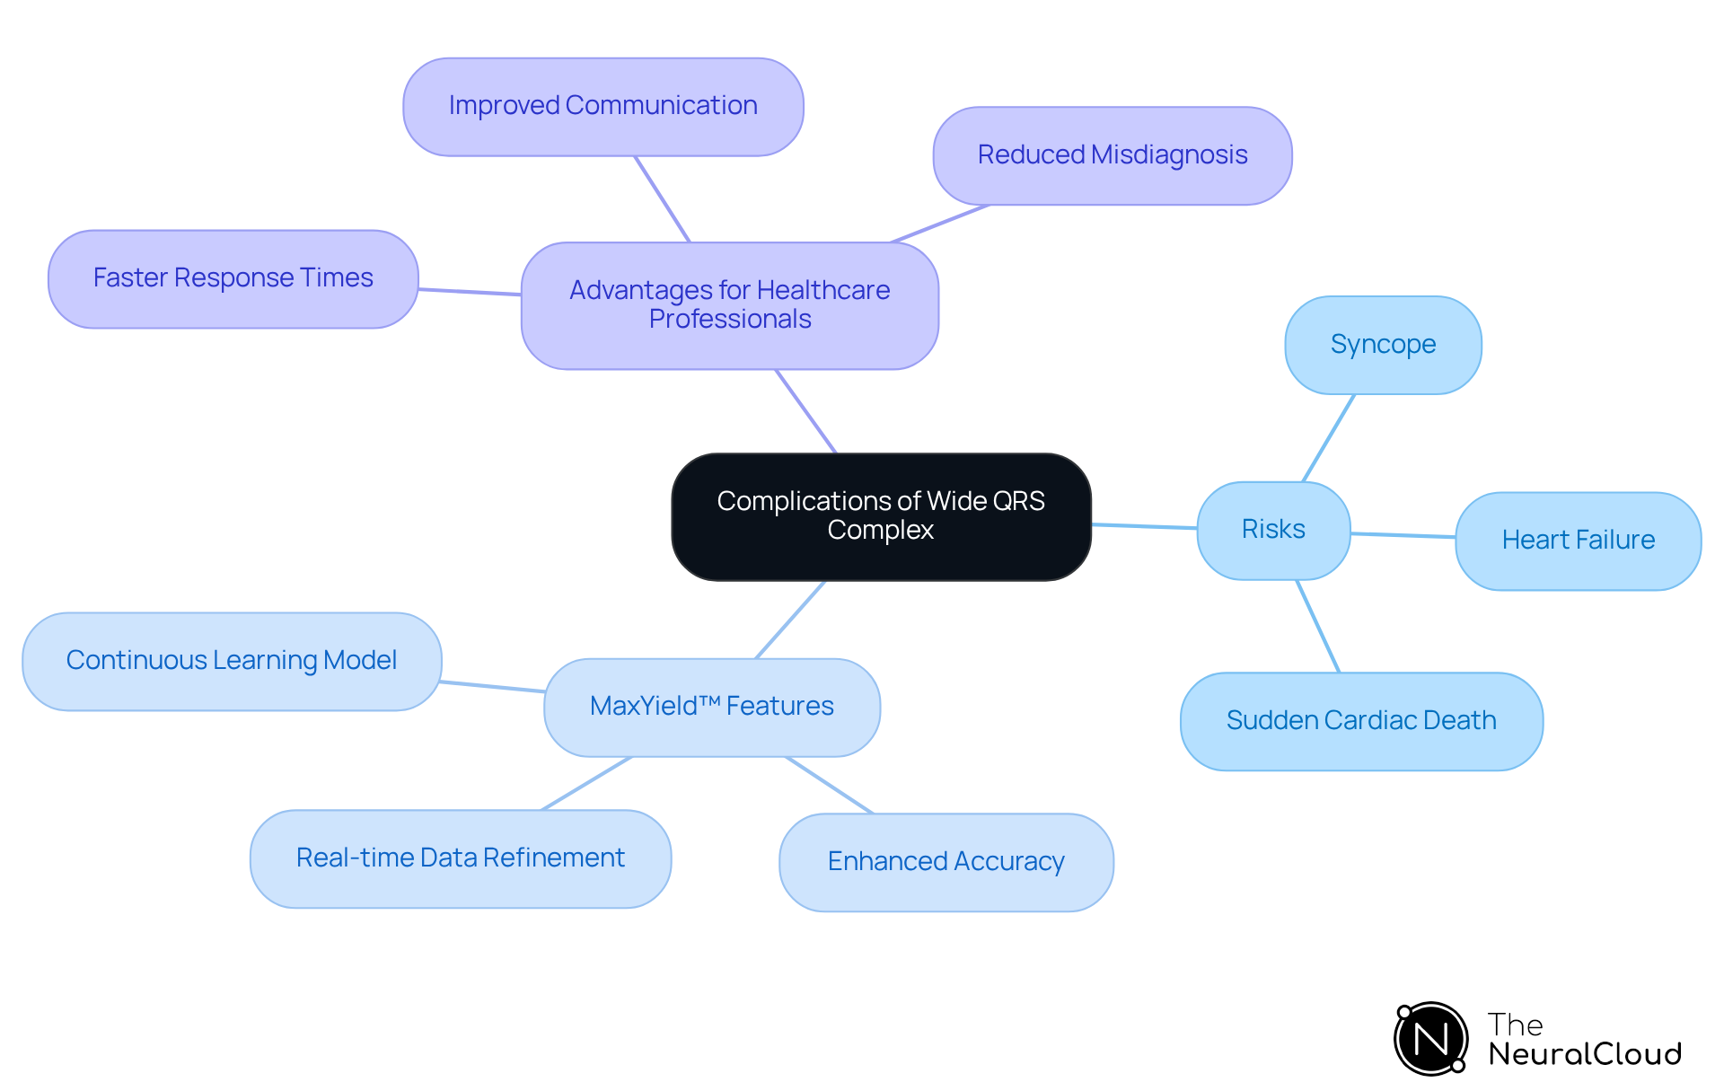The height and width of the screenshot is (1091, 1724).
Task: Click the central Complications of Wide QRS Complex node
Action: coord(881,516)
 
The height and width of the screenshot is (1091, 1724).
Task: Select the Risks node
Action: coord(1273,530)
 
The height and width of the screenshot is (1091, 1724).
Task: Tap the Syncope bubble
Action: coord(1383,345)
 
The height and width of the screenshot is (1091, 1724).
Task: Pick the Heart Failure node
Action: coord(1578,541)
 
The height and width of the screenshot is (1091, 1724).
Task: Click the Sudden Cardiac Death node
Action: coord(1361,721)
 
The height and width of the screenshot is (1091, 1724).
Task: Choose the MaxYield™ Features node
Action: coord(711,707)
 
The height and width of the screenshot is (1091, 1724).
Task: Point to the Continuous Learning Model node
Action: coord(232,661)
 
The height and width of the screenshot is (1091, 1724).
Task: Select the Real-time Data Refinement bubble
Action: coord(460,858)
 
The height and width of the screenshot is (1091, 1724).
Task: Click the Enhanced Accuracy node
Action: coord(946,862)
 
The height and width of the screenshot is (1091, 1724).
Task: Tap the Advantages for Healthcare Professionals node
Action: coord(729,305)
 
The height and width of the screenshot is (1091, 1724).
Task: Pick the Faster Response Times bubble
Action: coord(233,278)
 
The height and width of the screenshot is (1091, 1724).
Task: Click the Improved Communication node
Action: coord(603,106)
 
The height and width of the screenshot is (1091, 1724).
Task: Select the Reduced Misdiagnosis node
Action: coord(1112,155)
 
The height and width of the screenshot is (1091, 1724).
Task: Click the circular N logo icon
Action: coord(1430,1039)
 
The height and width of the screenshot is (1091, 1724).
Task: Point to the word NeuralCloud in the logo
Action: coord(1584,1054)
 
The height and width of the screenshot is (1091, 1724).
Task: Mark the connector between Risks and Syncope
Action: coord(1328,438)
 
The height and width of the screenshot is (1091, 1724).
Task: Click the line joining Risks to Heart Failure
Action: coord(1403,535)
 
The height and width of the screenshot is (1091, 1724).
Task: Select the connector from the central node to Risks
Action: coord(1144,526)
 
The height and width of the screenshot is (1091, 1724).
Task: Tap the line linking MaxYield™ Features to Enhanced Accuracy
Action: coord(829,785)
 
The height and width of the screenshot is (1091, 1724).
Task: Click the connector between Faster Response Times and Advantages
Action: coord(470,292)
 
